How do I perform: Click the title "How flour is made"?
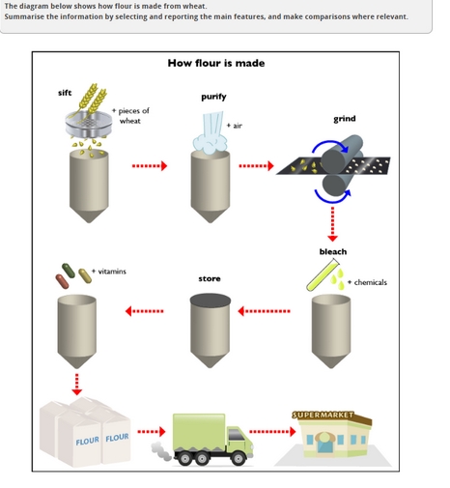pos(215,63)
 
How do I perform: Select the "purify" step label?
pos(213,97)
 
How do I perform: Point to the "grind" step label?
pos(344,119)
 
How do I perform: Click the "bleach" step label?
pos(332,251)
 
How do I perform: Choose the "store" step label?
pos(210,278)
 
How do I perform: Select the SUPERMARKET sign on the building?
pos(324,416)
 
